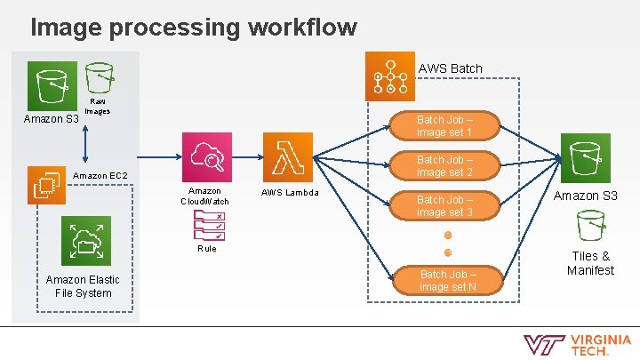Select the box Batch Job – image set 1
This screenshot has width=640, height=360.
pos(444,125)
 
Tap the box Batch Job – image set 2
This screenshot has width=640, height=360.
pos(444,165)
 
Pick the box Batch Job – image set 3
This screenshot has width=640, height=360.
pos(444,206)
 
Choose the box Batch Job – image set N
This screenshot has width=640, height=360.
pos(447,281)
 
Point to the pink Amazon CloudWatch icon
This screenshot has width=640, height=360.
pos(206,157)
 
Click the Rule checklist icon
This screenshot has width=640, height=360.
pos(206,227)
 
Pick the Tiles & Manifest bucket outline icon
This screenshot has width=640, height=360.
pos(590,229)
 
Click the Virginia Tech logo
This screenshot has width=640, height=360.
pos(577,345)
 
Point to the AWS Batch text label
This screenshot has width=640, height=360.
pos(450,68)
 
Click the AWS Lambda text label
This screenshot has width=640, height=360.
pos(289,193)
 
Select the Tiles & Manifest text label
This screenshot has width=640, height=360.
pos(590,263)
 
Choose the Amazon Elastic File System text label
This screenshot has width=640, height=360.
pos(82,286)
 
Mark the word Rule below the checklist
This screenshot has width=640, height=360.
pos(206,249)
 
